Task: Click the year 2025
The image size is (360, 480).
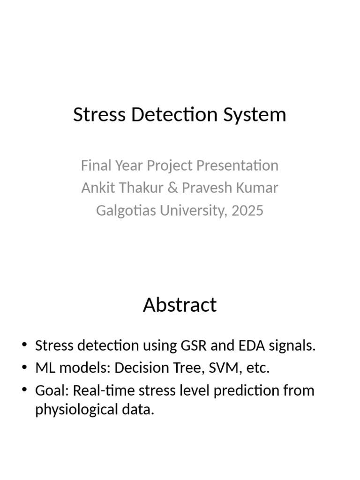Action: (x=247, y=210)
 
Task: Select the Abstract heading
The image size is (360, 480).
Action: (x=180, y=305)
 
